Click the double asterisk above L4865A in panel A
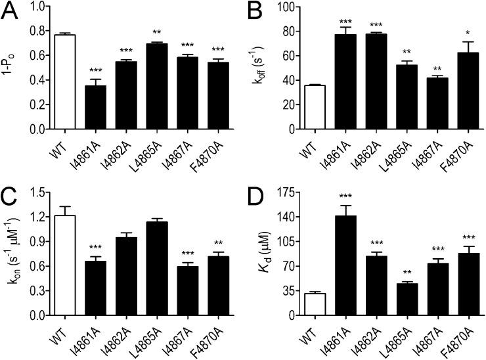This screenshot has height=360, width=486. point(158,34)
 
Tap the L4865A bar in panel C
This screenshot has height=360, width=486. point(158,269)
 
